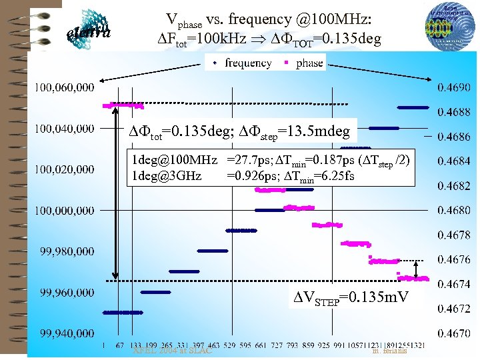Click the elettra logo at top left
coord(89,29)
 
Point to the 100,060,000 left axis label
coord(65,87)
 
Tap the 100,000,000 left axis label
coord(65,211)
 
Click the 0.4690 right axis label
coord(453,87)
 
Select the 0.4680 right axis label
coord(453,210)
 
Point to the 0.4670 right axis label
coord(453,333)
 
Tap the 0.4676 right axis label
coord(453,259)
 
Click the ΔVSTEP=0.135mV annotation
coord(351,296)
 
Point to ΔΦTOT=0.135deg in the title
coord(331,39)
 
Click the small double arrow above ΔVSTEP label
coord(417,269)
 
